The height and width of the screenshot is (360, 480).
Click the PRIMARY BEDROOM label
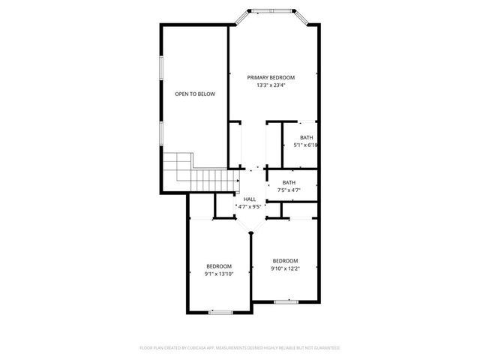(271, 77)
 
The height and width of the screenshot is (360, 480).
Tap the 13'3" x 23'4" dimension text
(271, 85)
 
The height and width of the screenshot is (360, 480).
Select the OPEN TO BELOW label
(195, 94)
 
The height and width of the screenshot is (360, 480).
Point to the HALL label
(250, 199)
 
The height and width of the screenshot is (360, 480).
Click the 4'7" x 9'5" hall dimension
(250, 206)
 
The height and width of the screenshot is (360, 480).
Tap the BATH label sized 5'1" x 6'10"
(307, 137)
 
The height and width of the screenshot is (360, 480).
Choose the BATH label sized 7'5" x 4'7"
(289, 183)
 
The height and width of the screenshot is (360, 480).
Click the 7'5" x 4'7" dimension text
(289, 190)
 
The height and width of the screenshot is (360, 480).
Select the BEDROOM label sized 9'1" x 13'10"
(219, 266)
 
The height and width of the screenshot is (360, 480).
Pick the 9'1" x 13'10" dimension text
(219, 274)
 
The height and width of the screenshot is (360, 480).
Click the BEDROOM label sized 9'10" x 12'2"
(285, 260)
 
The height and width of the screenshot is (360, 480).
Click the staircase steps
(197, 170)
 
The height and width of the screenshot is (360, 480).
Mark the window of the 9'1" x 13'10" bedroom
(220, 312)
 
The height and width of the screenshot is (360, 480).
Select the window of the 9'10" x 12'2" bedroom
(285, 301)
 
